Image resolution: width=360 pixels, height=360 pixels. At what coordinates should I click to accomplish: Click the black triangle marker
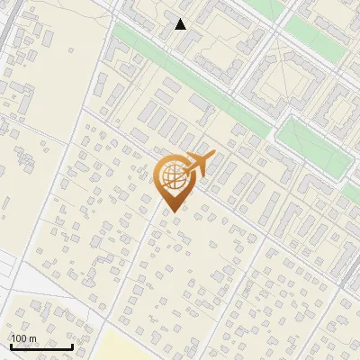[180, 24]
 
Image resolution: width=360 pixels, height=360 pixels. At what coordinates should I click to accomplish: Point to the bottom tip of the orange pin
[171, 212]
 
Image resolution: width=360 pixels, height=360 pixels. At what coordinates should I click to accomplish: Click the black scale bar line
[41, 346]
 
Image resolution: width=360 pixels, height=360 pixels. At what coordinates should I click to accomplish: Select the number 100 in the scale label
[19, 339]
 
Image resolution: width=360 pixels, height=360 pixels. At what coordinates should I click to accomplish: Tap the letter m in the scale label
[31, 339]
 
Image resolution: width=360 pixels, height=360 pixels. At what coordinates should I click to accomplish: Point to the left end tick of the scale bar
[11, 345]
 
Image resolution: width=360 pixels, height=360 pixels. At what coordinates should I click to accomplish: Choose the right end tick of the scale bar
[72, 345]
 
